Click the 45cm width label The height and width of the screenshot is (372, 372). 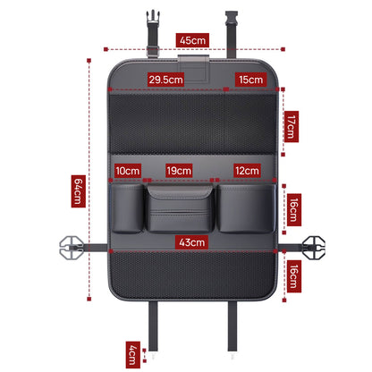click(192, 40)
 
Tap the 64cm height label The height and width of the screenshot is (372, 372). click(79, 191)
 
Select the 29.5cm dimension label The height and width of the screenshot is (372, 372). click(166, 80)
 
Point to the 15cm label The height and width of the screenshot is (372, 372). click(250, 80)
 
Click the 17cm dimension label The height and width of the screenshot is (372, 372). click(292, 127)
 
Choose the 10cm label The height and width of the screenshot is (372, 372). click(128, 171)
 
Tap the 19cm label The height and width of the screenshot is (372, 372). click(179, 171)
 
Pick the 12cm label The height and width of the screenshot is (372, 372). click(247, 171)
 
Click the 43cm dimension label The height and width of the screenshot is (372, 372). click(192, 242)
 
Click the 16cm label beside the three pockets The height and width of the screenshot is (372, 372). click(294, 210)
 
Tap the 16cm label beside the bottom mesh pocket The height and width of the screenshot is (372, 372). click(294, 276)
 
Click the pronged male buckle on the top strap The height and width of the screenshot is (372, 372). click(153, 18)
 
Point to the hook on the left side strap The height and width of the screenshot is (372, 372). click(71, 247)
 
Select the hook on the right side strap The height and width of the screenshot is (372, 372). click(313, 247)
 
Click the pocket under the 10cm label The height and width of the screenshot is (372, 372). click(127, 208)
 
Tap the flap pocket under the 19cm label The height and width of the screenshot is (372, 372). click(180, 208)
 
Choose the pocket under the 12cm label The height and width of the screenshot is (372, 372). click(246, 208)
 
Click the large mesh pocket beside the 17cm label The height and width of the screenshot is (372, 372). click(192, 123)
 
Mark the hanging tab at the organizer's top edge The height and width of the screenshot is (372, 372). click(193, 69)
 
